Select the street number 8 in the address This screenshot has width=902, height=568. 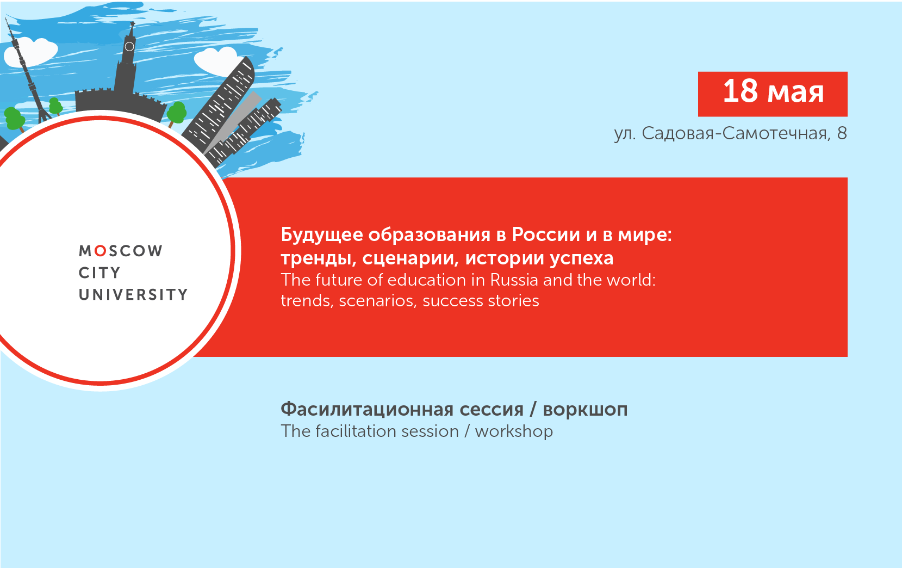[x=842, y=133]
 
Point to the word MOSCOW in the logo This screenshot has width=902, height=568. [x=121, y=251]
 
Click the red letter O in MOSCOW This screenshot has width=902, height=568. [x=100, y=251]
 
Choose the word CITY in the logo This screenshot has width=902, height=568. [x=99, y=273]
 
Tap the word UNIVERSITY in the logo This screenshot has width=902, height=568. [x=133, y=295]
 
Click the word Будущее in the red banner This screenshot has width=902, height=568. [x=321, y=234]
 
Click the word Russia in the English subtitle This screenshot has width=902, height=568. [x=514, y=280]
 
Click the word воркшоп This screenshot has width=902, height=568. [x=585, y=409]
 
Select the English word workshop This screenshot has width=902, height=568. [x=514, y=431]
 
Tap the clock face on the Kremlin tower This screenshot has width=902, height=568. [x=129, y=46]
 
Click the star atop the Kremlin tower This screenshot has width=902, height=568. [x=132, y=23]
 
